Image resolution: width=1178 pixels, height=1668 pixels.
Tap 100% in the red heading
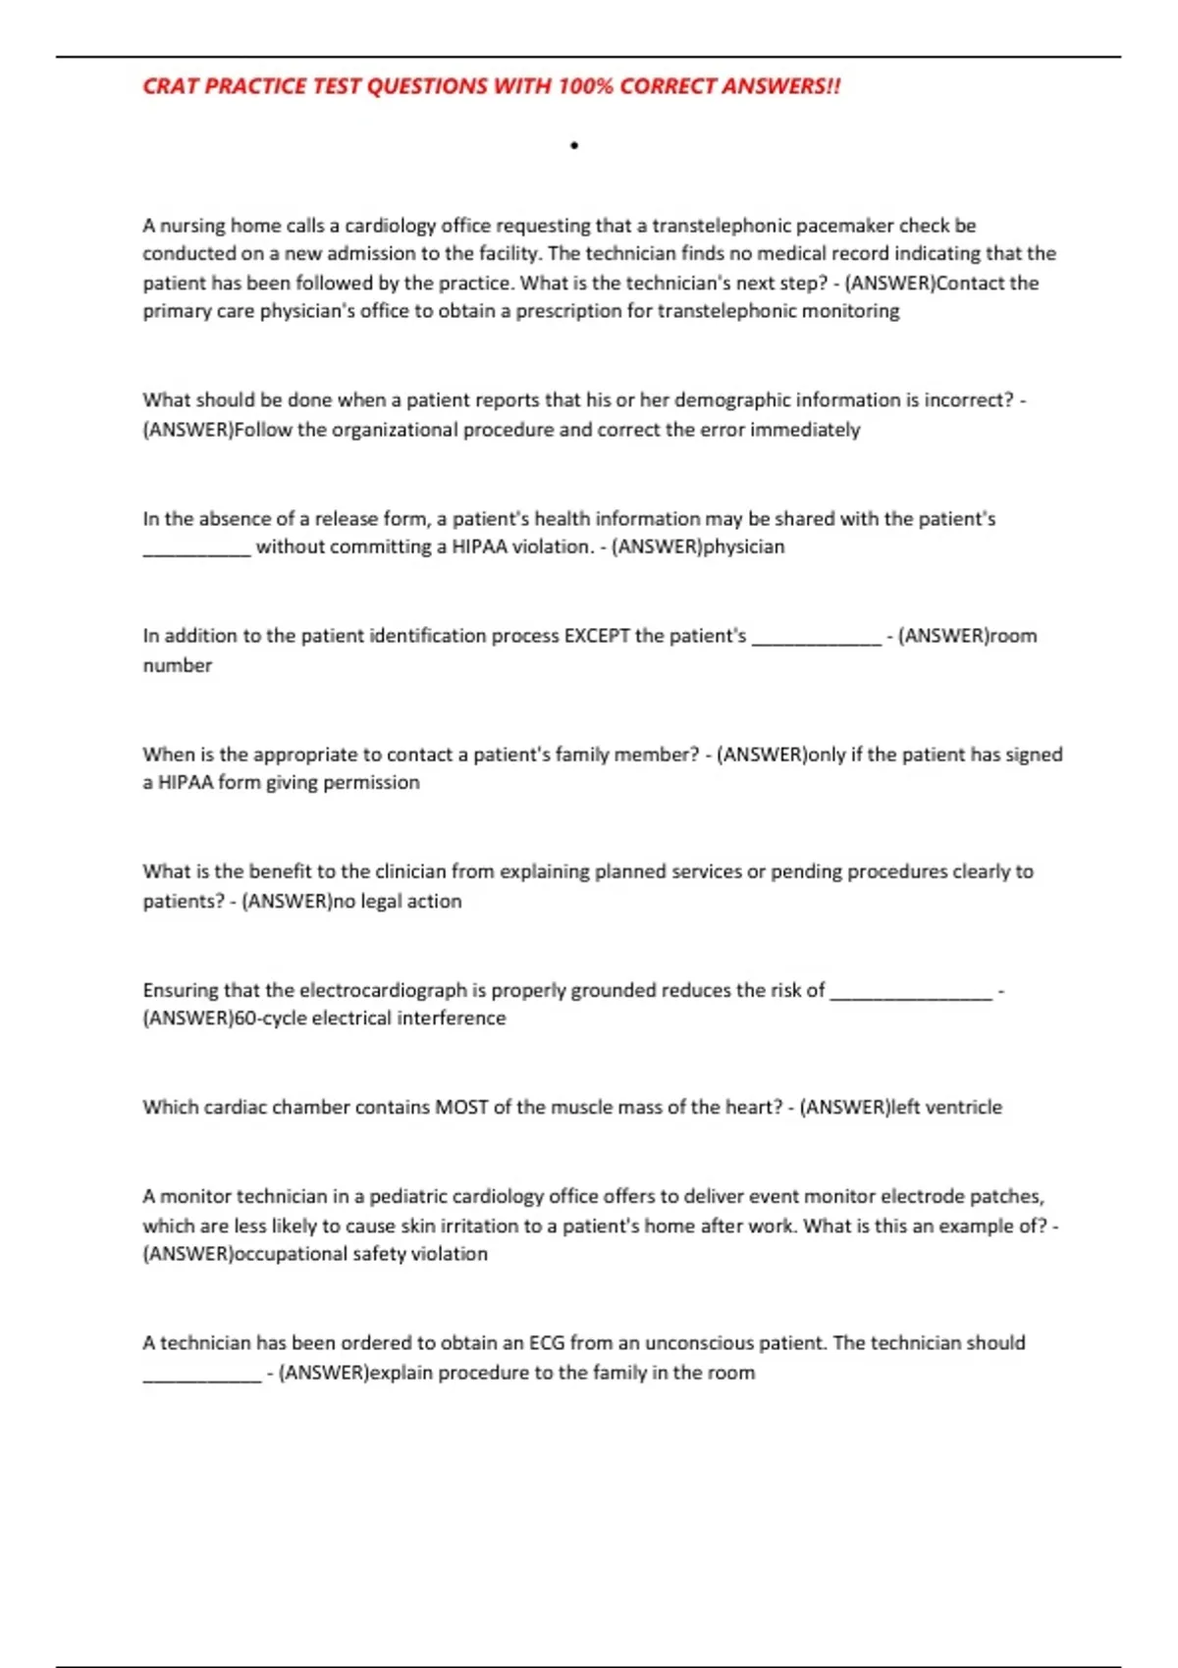(585, 86)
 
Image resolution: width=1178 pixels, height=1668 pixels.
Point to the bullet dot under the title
(574, 146)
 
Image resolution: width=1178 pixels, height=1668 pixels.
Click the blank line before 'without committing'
(196, 547)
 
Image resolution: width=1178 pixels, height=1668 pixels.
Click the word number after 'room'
(178, 665)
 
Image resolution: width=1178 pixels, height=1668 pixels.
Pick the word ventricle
(964, 1107)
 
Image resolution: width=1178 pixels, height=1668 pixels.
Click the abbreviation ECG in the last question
(547, 1342)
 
